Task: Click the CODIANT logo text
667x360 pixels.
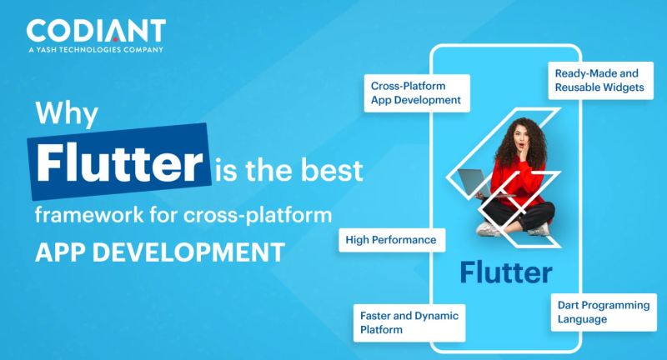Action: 95,32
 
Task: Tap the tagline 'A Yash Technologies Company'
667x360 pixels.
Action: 95,51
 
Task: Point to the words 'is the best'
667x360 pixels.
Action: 288,171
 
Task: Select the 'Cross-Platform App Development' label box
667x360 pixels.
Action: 415,92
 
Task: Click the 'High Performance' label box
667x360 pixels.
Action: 391,240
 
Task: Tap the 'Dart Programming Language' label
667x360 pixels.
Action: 602,312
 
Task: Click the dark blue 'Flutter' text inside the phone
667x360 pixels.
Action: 505,272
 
